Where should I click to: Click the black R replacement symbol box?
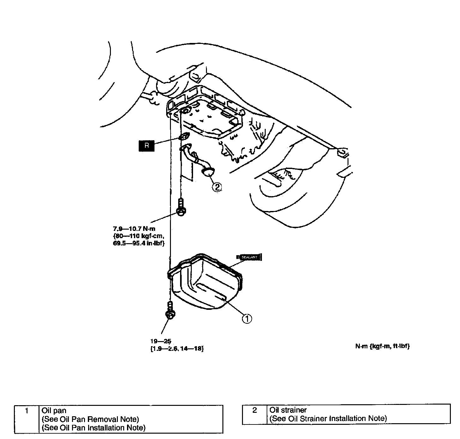click(x=146, y=146)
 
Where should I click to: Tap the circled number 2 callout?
click(x=217, y=187)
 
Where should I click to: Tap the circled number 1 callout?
click(x=247, y=319)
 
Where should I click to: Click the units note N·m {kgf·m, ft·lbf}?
click(x=382, y=346)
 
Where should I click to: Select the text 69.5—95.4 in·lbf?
click(x=138, y=244)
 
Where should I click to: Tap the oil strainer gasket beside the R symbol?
click(x=184, y=137)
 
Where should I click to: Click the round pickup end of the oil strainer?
click(x=208, y=172)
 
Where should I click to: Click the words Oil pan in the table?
click(x=54, y=411)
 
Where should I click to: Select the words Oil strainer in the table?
click(x=288, y=410)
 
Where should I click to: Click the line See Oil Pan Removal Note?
click(x=90, y=419)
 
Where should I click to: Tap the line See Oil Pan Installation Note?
click(x=94, y=428)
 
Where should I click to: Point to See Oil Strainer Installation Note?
click(x=328, y=418)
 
